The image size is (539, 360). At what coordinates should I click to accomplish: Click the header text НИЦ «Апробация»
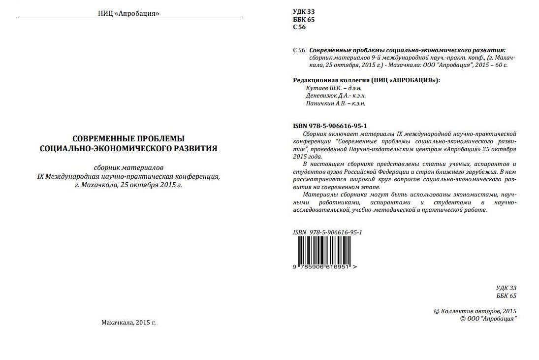tap(128, 13)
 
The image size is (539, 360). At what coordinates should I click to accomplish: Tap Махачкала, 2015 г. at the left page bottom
tap(128, 323)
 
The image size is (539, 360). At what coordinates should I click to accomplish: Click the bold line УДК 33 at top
tap(304, 11)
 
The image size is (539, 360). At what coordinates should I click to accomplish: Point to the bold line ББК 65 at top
tap(304, 19)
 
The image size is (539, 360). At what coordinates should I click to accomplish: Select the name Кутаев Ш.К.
tap(321, 88)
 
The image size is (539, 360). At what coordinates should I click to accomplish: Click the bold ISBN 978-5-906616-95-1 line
tap(330, 126)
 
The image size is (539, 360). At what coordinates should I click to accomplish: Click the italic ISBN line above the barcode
tap(327, 232)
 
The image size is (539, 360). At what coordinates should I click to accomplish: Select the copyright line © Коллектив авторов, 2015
tap(475, 311)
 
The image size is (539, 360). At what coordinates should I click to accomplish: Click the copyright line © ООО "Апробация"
tap(488, 319)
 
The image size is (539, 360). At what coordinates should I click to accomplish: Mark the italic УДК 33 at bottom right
tap(507, 288)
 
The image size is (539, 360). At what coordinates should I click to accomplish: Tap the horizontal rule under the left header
tap(128, 18)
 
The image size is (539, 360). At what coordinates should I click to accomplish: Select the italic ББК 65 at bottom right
tap(507, 295)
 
